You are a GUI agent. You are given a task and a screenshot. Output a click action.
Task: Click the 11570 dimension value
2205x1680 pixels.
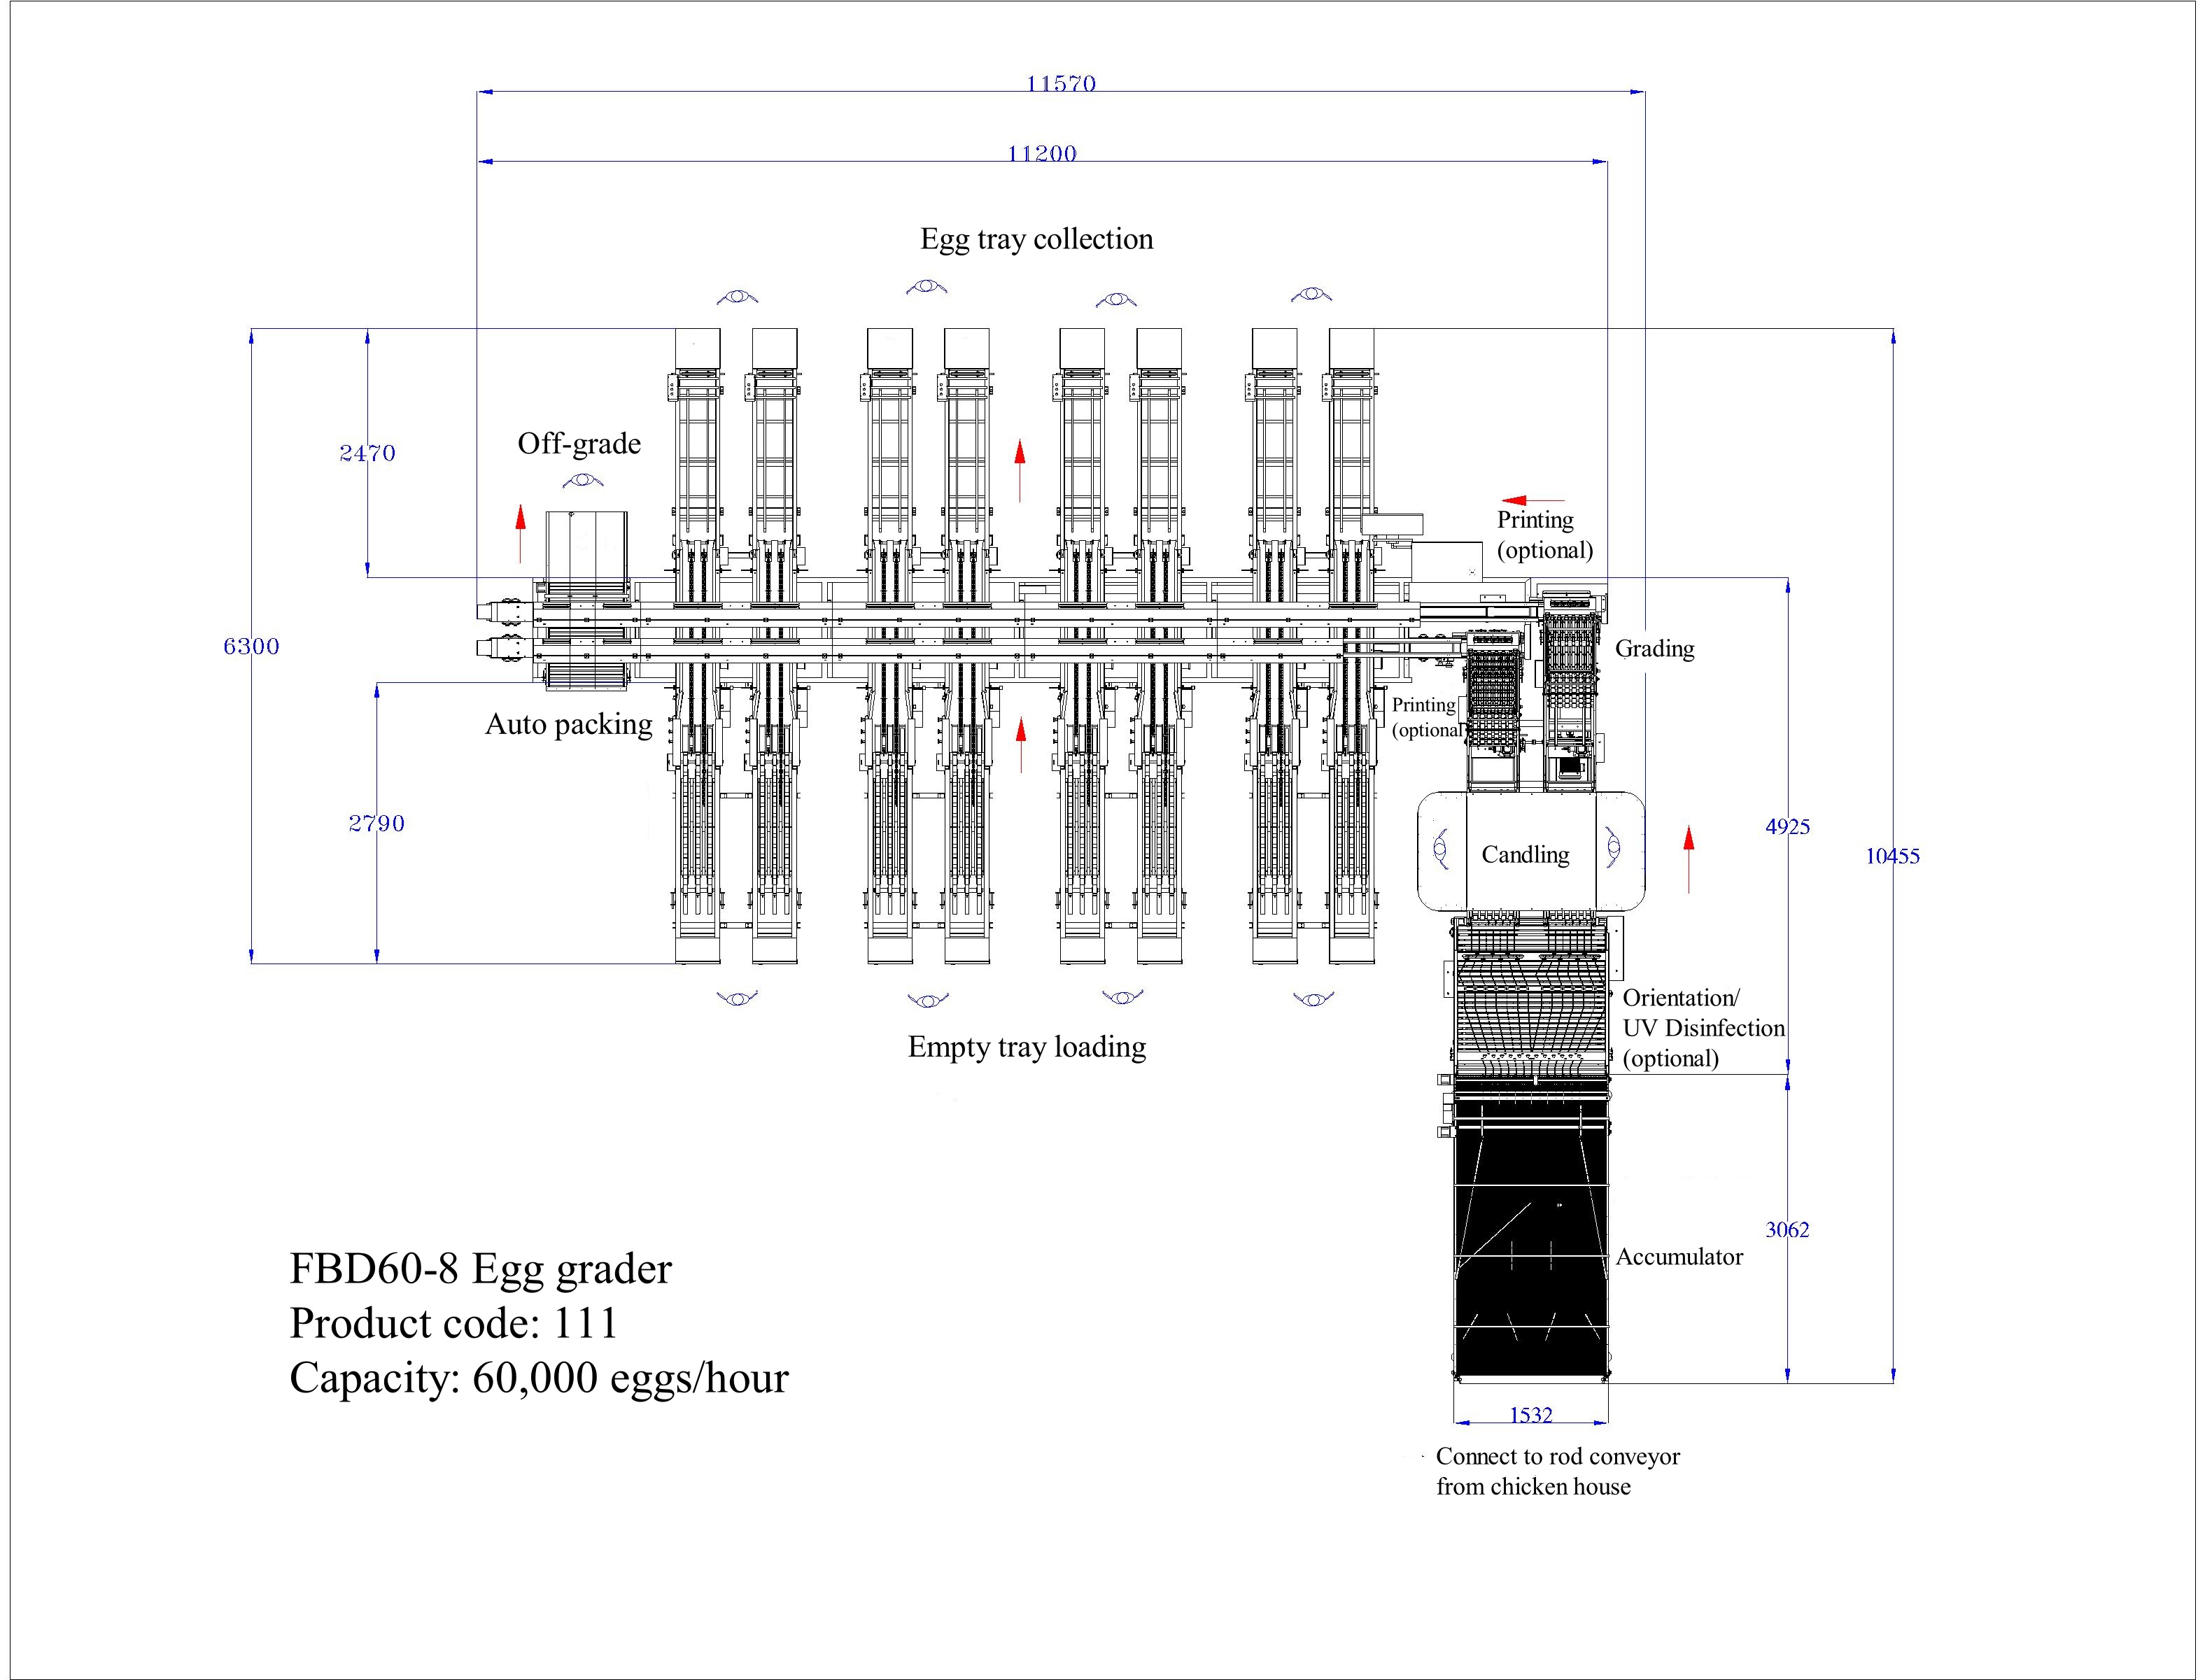1061,84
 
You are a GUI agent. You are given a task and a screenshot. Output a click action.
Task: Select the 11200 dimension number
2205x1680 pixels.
1042,153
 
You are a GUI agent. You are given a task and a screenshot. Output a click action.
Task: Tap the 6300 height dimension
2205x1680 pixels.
251,646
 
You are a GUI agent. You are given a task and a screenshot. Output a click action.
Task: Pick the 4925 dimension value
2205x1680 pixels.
1787,826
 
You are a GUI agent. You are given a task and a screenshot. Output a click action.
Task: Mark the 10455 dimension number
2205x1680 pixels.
1892,856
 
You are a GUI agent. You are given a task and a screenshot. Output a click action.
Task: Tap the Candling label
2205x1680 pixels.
1525,854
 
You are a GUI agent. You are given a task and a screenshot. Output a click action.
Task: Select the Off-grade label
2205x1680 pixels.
579,443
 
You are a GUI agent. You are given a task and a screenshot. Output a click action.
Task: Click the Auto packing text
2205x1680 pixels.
568,724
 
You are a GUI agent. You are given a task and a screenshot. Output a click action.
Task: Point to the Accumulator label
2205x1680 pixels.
1679,1257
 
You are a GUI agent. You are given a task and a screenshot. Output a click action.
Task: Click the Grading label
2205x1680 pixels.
1654,648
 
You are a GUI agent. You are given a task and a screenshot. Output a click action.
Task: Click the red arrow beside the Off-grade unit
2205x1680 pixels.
520,531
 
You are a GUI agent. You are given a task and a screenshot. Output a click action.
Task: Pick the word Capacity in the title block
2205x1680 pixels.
369,1378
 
